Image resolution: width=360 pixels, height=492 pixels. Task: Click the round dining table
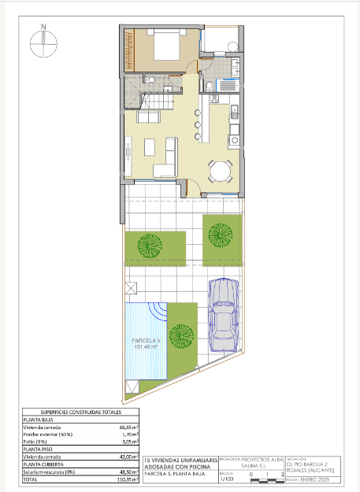221,171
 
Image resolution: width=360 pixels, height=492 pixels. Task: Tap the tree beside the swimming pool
182,337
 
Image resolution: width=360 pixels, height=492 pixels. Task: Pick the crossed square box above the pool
131,287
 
